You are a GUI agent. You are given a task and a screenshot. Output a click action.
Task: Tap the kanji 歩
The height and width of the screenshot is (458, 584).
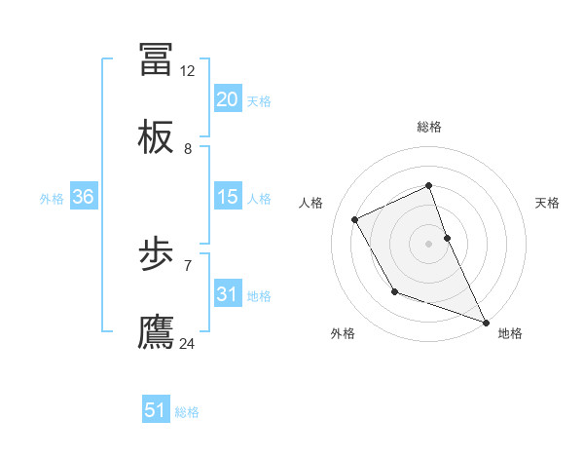pos(157,255)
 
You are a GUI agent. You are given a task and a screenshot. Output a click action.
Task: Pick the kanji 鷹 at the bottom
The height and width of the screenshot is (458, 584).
pos(157,332)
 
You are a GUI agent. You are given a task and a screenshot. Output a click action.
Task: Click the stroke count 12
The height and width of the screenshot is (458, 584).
pos(188,71)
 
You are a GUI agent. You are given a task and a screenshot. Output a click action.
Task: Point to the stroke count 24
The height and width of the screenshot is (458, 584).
pos(188,343)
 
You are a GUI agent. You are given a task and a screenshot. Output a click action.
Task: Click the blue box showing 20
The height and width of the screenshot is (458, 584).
pos(228,99)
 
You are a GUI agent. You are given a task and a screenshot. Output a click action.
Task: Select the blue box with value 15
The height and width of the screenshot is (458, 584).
pos(228,197)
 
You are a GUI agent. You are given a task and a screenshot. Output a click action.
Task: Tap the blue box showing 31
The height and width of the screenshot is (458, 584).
pos(228,294)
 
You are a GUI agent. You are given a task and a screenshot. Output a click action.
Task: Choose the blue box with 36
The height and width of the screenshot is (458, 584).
pos(84,197)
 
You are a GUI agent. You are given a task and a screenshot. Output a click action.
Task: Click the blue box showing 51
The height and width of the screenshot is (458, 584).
pos(156,410)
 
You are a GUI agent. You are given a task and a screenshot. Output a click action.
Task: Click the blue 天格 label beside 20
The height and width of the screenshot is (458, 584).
pos(259,100)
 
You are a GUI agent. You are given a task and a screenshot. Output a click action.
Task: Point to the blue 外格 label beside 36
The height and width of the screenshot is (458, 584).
pos(52,198)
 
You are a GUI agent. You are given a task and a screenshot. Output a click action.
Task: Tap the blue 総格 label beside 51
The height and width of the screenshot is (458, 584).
pos(187,411)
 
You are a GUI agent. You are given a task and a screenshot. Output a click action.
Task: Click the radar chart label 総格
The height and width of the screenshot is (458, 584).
pos(429,127)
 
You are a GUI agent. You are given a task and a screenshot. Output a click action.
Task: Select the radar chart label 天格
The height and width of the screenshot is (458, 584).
pos(548,203)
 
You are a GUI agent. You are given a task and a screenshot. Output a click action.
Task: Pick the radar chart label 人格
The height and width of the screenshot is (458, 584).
pos(311,203)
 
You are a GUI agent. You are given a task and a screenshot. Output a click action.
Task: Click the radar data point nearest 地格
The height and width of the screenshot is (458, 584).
pos(486,322)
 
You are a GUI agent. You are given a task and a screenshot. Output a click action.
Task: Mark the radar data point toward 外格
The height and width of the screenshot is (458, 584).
pos(394,291)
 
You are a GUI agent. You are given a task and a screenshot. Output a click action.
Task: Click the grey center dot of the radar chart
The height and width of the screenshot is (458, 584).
pos(429,244)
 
